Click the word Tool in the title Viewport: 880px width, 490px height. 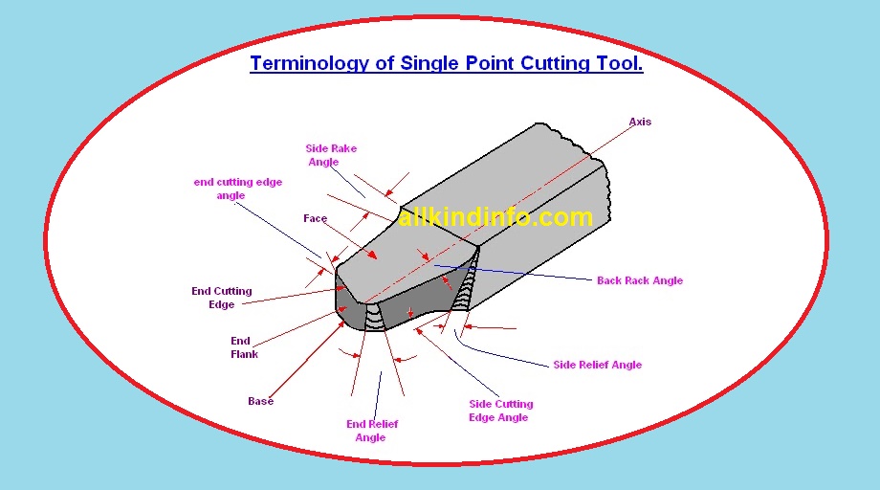coord(622,64)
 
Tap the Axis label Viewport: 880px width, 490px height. coord(640,122)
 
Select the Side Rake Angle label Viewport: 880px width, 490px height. coord(330,155)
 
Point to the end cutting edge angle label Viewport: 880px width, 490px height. coord(237,189)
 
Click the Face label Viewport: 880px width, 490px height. coord(315,218)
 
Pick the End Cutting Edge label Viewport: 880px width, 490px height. coord(222,298)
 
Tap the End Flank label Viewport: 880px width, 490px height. coord(244,347)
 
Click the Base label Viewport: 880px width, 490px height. coord(260,401)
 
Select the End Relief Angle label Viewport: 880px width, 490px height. coord(371,431)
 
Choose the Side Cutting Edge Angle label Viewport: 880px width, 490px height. coord(500,411)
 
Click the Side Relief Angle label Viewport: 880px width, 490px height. coord(597,365)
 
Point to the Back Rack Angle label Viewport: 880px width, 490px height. coord(639,280)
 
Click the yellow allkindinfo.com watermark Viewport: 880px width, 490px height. coord(495,218)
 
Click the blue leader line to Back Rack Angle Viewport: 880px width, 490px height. coord(517,273)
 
